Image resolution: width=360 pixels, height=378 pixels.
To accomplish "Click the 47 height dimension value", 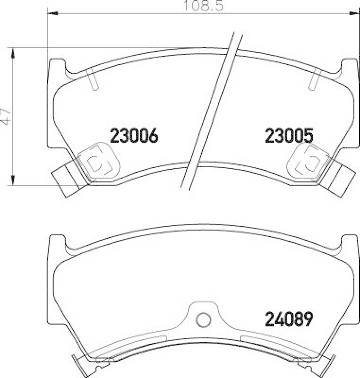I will tap(6, 116).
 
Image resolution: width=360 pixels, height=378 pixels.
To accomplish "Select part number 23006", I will tap(133, 136).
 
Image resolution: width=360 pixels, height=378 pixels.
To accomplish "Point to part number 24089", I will tap(289, 320).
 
